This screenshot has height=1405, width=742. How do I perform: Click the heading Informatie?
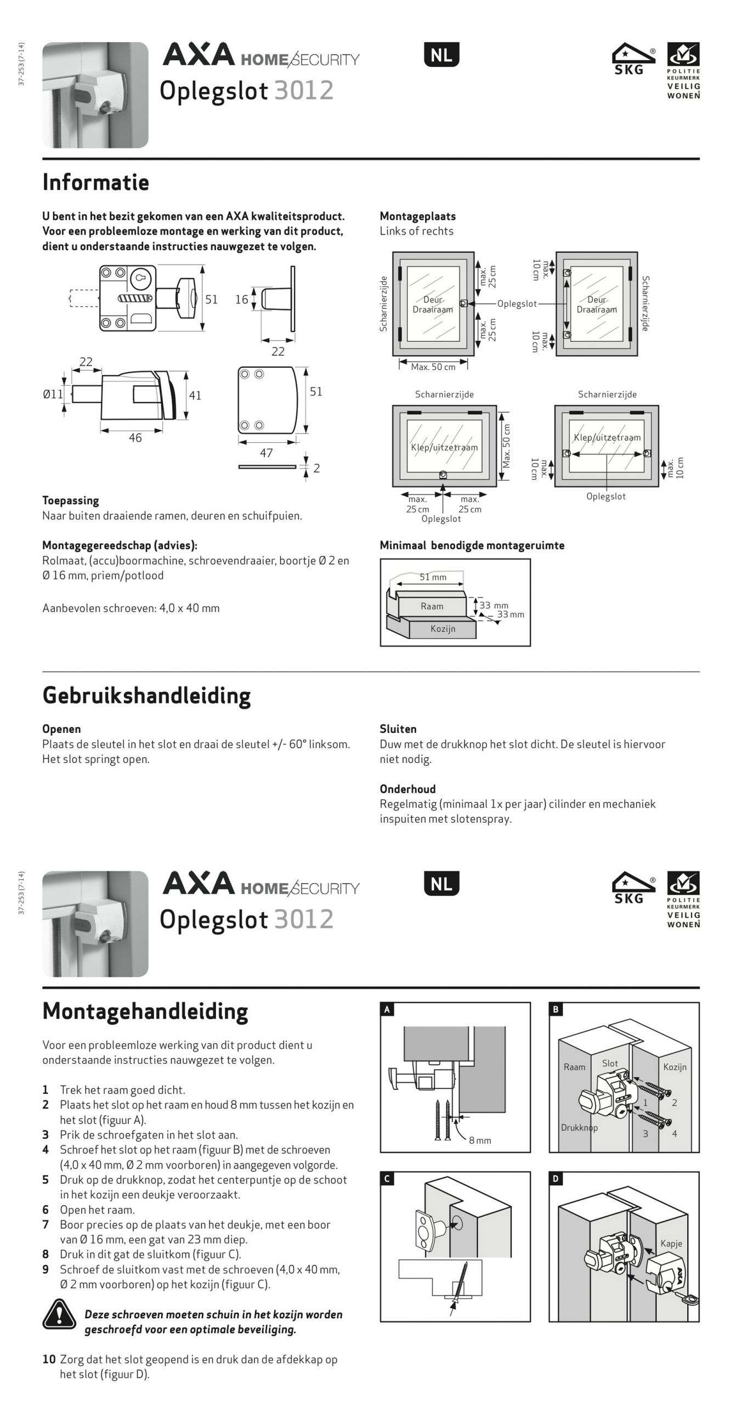(x=95, y=182)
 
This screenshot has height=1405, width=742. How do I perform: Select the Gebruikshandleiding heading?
(x=146, y=695)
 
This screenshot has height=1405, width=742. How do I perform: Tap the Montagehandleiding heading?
(x=145, y=1011)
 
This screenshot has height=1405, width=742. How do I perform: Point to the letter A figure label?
(x=387, y=1009)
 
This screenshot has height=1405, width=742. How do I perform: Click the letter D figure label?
(x=556, y=1179)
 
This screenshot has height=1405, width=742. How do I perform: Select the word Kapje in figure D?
(x=671, y=1244)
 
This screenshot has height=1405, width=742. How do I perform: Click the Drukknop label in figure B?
(x=579, y=1128)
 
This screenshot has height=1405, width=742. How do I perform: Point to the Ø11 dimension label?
(x=53, y=394)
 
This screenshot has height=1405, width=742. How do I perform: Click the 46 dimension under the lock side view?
(x=135, y=438)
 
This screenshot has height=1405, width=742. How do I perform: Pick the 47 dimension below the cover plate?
(x=266, y=453)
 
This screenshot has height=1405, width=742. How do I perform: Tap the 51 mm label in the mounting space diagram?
(x=433, y=577)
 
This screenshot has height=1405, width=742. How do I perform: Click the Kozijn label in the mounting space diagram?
(x=443, y=629)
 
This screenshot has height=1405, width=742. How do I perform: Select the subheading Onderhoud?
(x=407, y=789)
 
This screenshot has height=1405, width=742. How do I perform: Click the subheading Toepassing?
(x=71, y=501)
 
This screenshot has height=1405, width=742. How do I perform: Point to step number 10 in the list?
(x=49, y=1359)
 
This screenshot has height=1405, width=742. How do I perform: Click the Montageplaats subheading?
(x=417, y=216)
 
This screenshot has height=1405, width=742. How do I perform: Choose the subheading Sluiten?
(x=398, y=729)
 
